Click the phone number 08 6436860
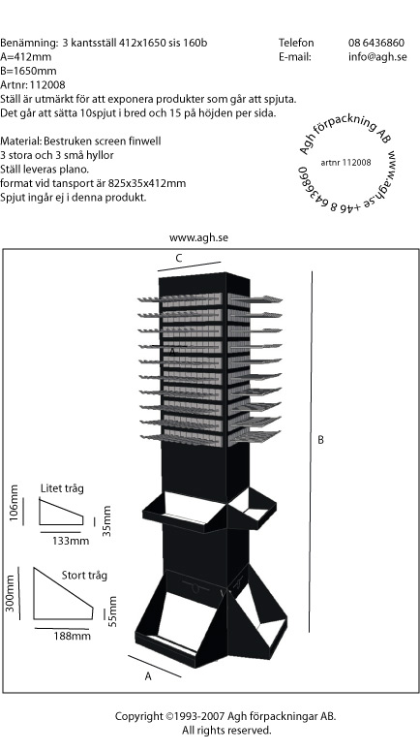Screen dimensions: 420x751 pyautogui.click(x=376, y=43)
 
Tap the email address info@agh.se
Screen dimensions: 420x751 pyautogui.click(x=377, y=57)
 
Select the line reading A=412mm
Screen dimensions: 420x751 pyautogui.click(x=26, y=57)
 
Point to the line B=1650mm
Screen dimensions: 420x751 pyautogui.click(x=28, y=71)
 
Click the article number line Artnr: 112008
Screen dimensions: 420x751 pyautogui.click(x=33, y=84)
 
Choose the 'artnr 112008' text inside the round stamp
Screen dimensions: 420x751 pyautogui.click(x=345, y=163)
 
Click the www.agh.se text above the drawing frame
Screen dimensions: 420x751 pyautogui.click(x=198, y=238)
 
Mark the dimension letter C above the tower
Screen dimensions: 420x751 pyautogui.click(x=178, y=258)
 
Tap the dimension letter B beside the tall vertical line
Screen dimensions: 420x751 pyautogui.click(x=320, y=440)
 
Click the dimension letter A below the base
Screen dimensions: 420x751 pyautogui.click(x=148, y=676)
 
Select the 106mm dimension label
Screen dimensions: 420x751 pyautogui.click(x=14, y=502)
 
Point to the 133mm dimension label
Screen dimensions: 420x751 pyautogui.click(x=71, y=541)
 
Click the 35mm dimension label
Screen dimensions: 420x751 pyautogui.click(x=106, y=520)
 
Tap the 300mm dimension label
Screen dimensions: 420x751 pyautogui.click(x=10, y=593)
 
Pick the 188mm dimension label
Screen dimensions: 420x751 pyautogui.click(x=72, y=636)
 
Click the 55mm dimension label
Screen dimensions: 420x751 pyautogui.click(x=112, y=611)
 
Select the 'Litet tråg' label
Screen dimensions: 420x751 pyautogui.click(x=62, y=488)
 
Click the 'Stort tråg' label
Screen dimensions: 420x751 pyautogui.click(x=84, y=576)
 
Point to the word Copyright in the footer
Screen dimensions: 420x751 pyautogui.click(x=138, y=716)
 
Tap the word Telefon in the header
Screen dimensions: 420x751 pyautogui.click(x=296, y=43)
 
